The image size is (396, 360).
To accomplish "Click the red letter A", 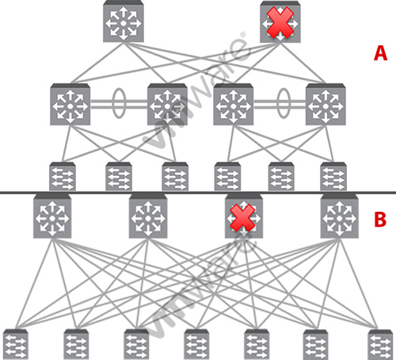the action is (380, 53).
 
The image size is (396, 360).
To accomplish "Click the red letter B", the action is (380, 220).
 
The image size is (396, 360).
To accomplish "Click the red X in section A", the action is (280, 22).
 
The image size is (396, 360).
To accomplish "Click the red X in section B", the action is (242, 218).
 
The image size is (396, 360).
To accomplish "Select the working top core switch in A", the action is (124, 21).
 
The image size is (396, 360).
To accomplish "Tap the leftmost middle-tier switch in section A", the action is (70, 104).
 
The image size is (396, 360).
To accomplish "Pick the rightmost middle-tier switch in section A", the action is (326, 104).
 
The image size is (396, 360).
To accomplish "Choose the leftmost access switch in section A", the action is (63, 176).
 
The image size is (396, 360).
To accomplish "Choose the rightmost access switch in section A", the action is (333, 176).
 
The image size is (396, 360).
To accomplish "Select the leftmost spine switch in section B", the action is (52, 216).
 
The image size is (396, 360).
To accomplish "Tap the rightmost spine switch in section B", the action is (339, 216).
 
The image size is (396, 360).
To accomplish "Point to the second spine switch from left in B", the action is (148, 216).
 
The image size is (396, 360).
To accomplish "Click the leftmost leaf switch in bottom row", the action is (16, 344).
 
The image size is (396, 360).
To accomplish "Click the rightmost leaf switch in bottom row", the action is (380, 344).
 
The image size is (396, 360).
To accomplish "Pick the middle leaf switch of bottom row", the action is (196, 344).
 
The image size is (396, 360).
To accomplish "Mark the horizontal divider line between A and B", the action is (198, 193).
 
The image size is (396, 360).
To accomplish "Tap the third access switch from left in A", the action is (175, 176).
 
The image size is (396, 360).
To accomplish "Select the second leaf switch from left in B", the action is (76, 344).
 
